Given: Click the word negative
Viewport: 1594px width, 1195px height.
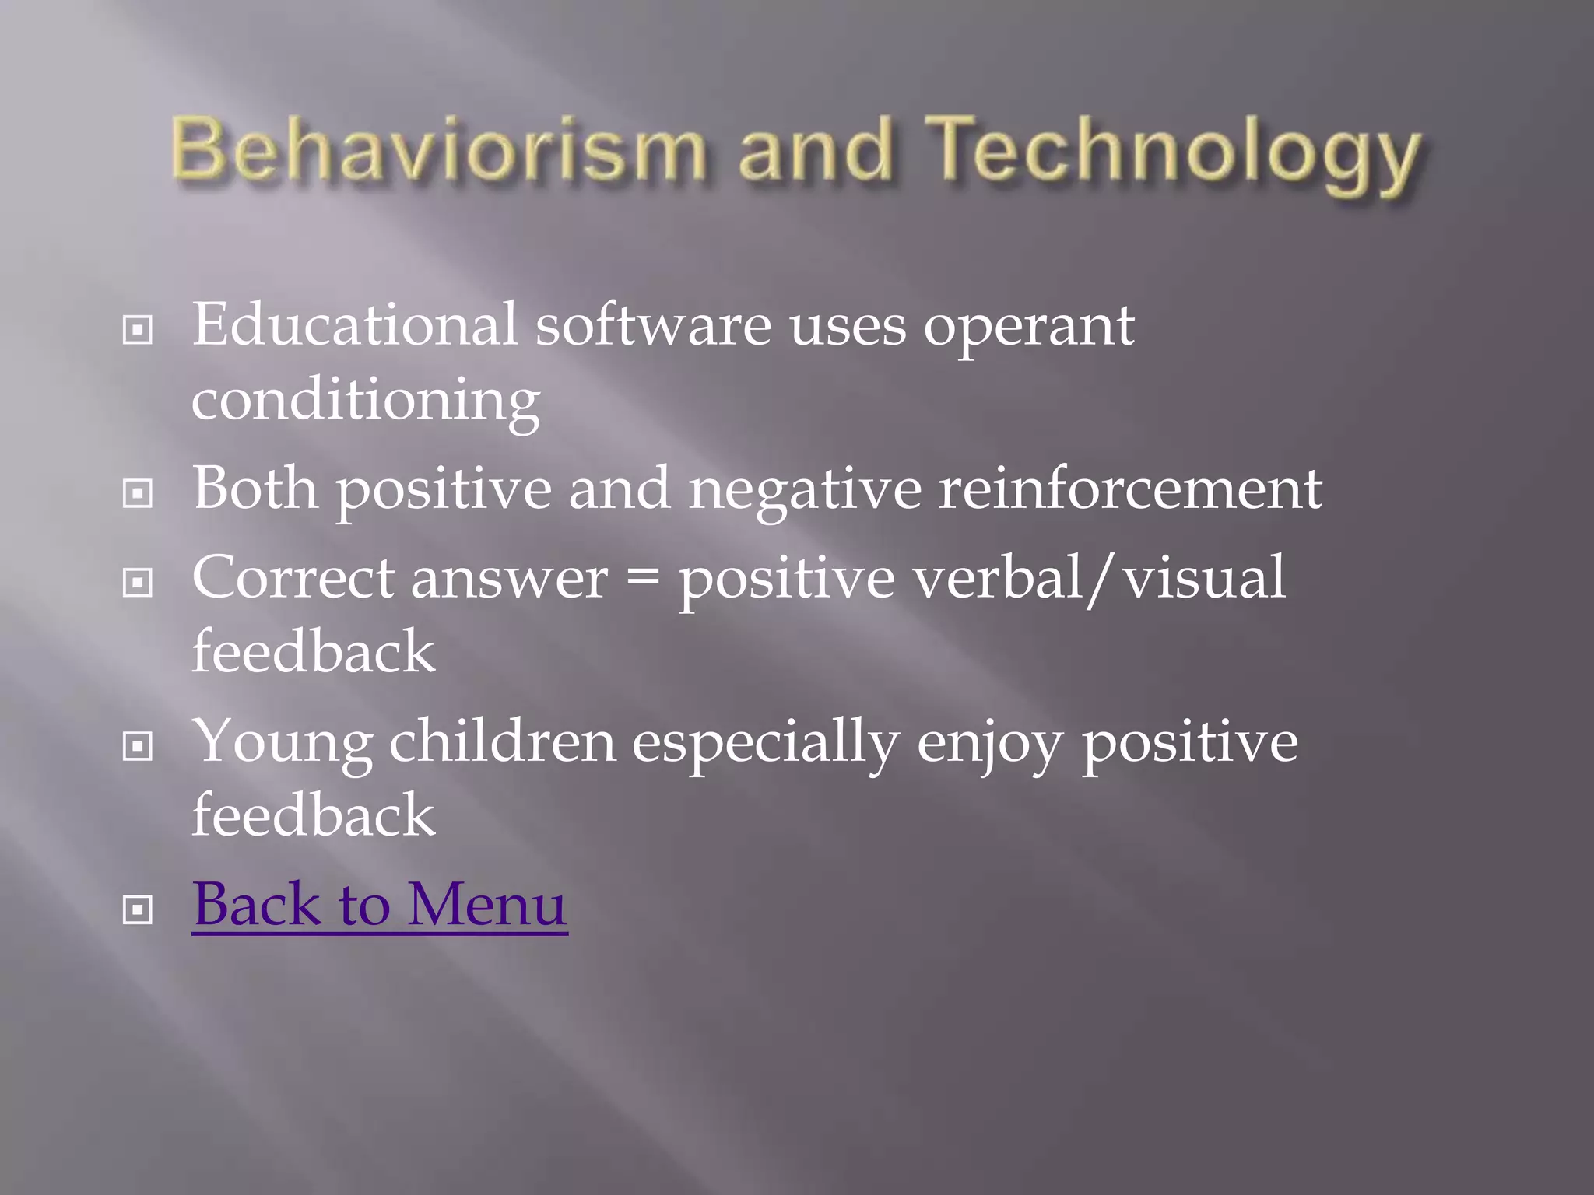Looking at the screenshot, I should [805, 490].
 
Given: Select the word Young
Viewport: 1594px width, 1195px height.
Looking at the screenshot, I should [283, 742].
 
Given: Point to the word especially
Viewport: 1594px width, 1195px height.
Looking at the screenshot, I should [766, 742].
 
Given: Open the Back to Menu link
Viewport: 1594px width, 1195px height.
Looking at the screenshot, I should [380, 904].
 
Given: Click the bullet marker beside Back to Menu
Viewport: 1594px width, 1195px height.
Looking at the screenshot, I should [138, 909].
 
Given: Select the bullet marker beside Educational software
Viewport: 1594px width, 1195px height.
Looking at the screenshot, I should [138, 331].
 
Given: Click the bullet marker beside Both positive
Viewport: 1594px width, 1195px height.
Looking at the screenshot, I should [138, 493].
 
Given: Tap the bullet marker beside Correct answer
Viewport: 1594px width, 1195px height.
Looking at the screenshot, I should [138, 583].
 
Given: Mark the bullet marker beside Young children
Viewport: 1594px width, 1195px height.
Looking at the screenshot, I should [138, 747].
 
